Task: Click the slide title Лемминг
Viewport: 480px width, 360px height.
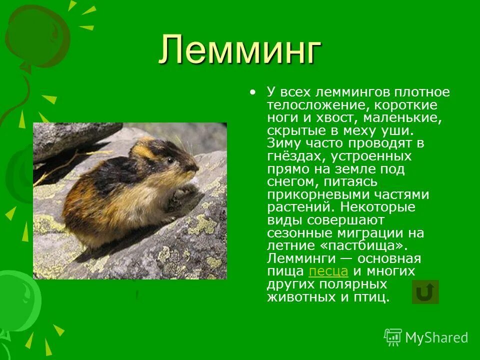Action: pos(240,50)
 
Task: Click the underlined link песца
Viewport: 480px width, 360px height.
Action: pos(328,271)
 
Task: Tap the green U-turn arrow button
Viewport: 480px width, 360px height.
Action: pos(425,292)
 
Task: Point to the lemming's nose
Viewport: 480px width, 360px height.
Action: pos(196,168)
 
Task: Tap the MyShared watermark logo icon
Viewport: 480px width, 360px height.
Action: pos(393,337)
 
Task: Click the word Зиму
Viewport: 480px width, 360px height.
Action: pos(282,143)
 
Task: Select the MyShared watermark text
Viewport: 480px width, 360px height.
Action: pos(436,337)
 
